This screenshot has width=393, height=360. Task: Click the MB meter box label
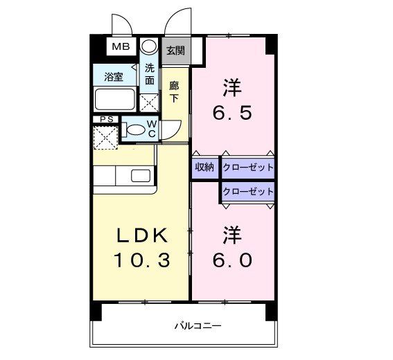click(x=121, y=46)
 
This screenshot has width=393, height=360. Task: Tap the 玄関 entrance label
click(x=175, y=51)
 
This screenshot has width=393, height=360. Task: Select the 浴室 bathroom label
click(x=114, y=77)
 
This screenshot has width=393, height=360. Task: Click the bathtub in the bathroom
click(x=115, y=99)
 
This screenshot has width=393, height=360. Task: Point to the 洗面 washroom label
click(x=150, y=74)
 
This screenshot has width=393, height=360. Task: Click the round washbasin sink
click(x=149, y=46)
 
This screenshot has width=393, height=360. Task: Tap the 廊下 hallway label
click(x=174, y=92)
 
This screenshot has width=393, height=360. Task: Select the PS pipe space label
click(x=107, y=119)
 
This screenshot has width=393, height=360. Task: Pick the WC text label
click(x=152, y=129)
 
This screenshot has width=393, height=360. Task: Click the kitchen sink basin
click(x=141, y=175)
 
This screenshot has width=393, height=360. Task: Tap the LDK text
click(x=142, y=235)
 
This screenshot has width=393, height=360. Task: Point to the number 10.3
click(x=142, y=260)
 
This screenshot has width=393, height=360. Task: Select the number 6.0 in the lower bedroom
click(x=232, y=260)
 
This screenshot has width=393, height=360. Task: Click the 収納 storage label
click(x=204, y=167)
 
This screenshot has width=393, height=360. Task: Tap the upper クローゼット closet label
click(x=248, y=167)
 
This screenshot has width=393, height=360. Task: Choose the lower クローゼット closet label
click(x=248, y=192)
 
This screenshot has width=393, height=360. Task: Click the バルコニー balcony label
click(x=198, y=325)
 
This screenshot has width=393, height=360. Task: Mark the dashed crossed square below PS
click(x=105, y=138)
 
